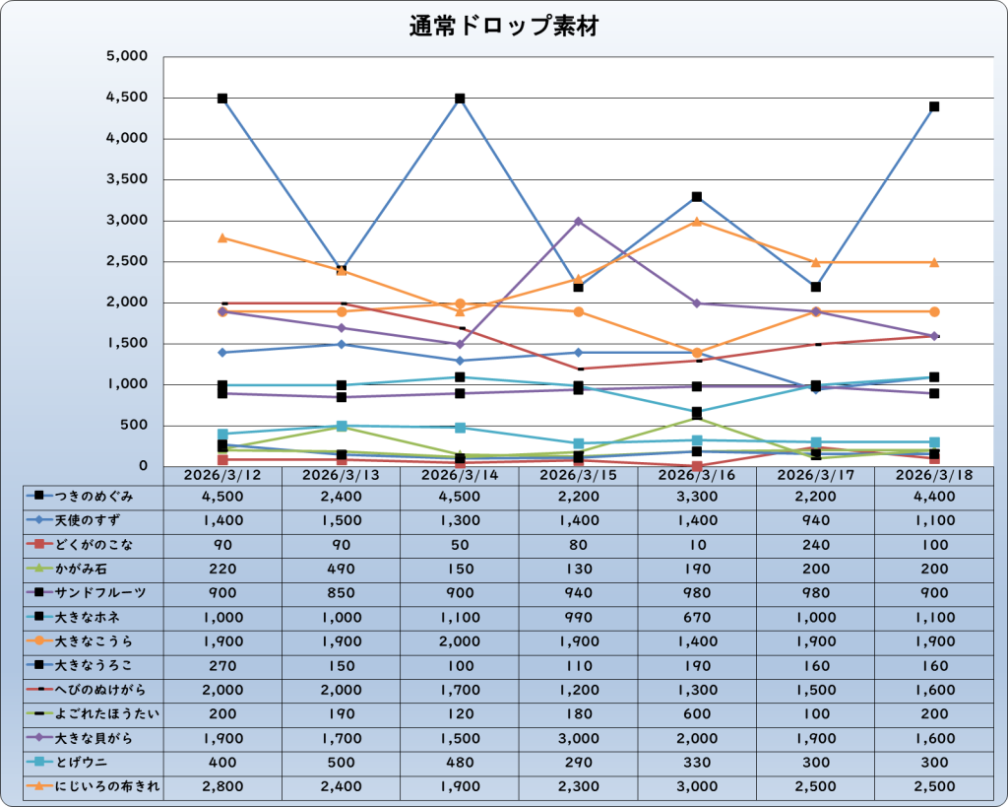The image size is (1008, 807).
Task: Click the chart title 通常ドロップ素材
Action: [x=503, y=28]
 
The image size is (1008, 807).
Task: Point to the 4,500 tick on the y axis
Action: [x=127, y=98]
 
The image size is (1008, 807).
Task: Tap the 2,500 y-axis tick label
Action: [x=127, y=262]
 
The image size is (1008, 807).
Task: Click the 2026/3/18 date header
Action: [x=933, y=475]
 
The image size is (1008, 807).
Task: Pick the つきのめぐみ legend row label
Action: [x=94, y=496]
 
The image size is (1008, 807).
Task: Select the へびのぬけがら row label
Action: [x=100, y=690]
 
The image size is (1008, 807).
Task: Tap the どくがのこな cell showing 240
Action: [x=815, y=544]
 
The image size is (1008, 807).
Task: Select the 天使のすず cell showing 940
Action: [x=815, y=520]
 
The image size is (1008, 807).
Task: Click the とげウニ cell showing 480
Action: [x=460, y=762]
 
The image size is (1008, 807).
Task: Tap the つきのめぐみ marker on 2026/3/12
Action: [x=222, y=99]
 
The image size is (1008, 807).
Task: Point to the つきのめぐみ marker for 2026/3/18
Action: [x=933, y=106]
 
